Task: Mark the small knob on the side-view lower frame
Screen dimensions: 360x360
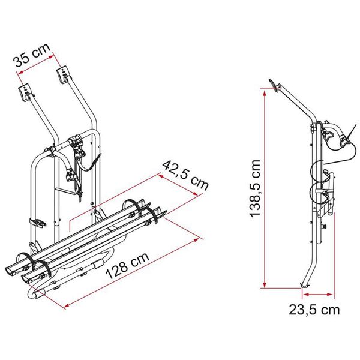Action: [x=324, y=227]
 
